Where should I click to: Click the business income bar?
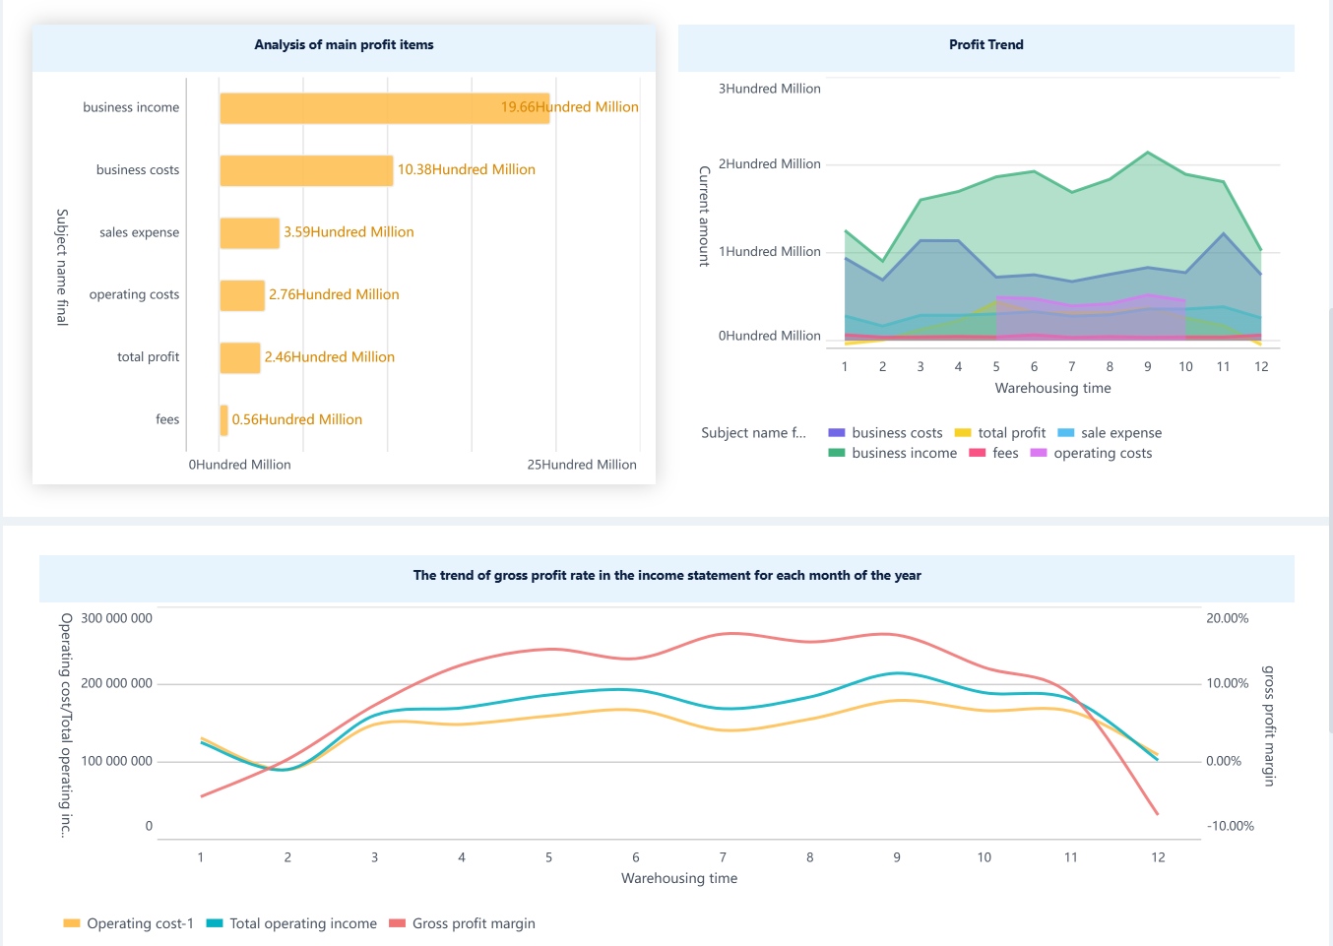(384, 108)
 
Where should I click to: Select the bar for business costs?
(306, 170)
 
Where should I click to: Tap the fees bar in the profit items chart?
(224, 420)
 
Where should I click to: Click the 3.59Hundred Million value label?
(349, 232)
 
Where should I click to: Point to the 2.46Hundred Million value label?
(329, 357)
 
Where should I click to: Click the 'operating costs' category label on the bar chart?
(134, 294)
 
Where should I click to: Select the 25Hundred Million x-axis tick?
(581, 465)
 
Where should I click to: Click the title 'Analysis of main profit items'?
(344, 45)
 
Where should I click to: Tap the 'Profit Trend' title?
(985, 45)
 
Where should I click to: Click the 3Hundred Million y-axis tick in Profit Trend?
(769, 89)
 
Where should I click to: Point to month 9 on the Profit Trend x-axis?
(1147, 366)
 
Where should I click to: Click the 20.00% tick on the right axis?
(1227, 618)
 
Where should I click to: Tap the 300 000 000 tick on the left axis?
(116, 618)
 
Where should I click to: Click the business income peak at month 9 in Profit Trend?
(1147, 153)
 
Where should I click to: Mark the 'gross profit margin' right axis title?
(1269, 725)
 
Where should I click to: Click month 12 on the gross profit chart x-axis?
(1158, 857)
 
